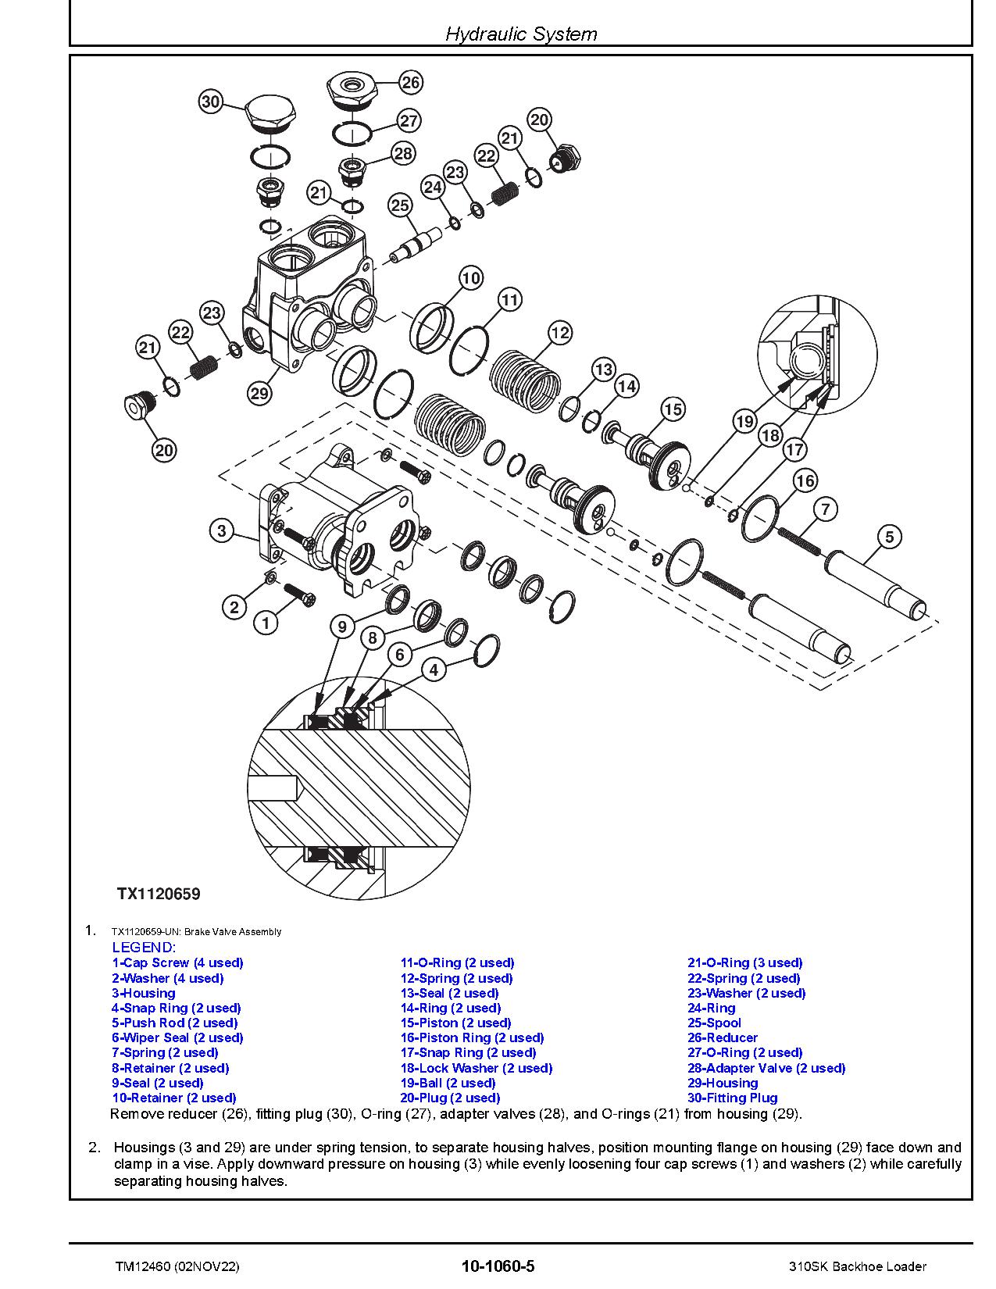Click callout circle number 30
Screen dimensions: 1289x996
(211, 102)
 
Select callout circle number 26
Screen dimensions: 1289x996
(410, 82)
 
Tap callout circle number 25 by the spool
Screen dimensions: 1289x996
(400, 205)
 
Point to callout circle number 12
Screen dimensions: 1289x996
(560, 332)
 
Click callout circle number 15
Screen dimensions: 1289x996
(673, 409)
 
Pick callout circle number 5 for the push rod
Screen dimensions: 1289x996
(889, 537)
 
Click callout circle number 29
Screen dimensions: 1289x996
(259, 393)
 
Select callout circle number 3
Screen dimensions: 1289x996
(222, 531)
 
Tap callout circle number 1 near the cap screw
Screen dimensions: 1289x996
(266, 623)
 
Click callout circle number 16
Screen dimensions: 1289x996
(805, 480)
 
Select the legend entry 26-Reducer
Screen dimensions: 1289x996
(722, 1037)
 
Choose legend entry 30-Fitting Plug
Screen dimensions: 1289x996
(732, 1098)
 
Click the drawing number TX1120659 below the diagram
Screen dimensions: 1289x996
(159, 894)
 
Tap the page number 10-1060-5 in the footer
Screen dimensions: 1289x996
(498, 1266)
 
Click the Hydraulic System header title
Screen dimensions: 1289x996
(521, 34)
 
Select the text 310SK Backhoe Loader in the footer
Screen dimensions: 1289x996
(857, 1266)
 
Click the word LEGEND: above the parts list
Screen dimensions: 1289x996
(145, 948)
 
